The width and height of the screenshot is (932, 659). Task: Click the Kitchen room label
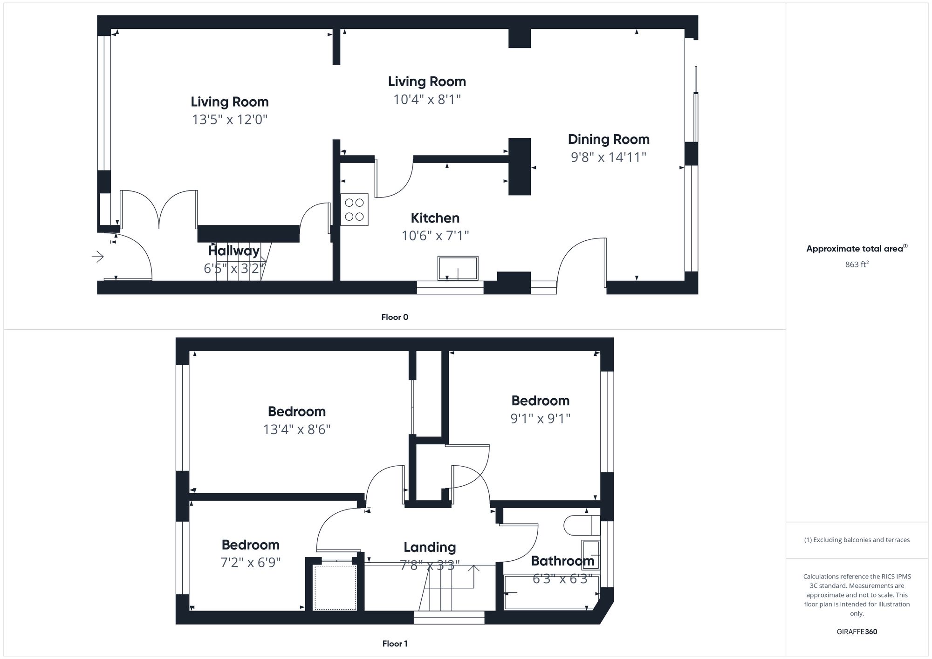pos(435,218)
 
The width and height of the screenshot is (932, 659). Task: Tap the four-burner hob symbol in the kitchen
pos(354,210)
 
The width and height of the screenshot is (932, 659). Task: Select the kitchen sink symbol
pos(458,268)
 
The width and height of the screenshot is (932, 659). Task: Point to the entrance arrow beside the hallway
pos(98,257)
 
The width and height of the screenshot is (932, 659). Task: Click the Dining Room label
pos(608,139)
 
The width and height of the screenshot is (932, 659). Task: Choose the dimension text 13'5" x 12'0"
pos(230,120)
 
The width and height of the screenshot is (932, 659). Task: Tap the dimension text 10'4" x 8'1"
pos(427,99)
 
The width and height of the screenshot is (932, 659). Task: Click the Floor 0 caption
pos(394,317)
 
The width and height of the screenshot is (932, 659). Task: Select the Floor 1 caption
pos(394,644)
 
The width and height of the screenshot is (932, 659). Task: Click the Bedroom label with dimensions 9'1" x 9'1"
pos(540,401)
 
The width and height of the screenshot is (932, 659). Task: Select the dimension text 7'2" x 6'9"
pos(250,563)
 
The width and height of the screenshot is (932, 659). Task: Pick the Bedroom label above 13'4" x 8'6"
pos(296,411)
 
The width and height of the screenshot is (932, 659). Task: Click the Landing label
pos(429,547)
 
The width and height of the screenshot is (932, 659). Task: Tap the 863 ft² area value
pos(857,264)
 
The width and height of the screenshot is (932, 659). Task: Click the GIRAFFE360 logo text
pos(857,632)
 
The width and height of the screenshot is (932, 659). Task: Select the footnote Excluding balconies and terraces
pos(857,540)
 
